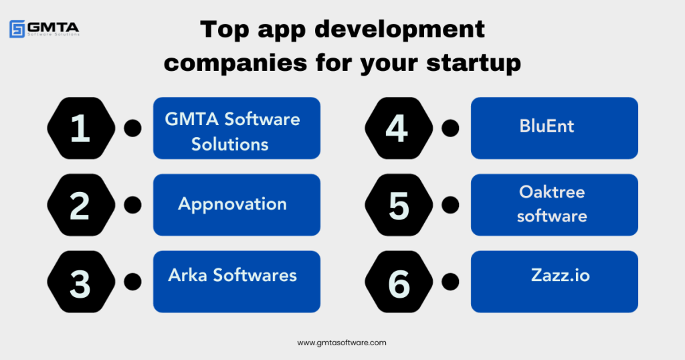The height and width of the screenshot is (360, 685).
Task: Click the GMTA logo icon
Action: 17,29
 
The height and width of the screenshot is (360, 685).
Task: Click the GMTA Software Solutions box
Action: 237,128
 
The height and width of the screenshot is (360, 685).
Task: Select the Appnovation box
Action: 237,205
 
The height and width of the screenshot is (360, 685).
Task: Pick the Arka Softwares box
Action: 237,282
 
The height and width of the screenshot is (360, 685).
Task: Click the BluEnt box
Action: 555,128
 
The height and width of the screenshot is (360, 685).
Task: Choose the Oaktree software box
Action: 555,205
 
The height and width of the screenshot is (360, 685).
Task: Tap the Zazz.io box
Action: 555,282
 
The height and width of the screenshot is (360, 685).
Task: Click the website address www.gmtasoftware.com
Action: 342,343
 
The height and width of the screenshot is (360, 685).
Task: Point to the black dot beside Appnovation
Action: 133,205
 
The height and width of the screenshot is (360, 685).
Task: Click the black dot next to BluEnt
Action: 451,128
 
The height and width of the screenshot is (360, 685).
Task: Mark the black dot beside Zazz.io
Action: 451,282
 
